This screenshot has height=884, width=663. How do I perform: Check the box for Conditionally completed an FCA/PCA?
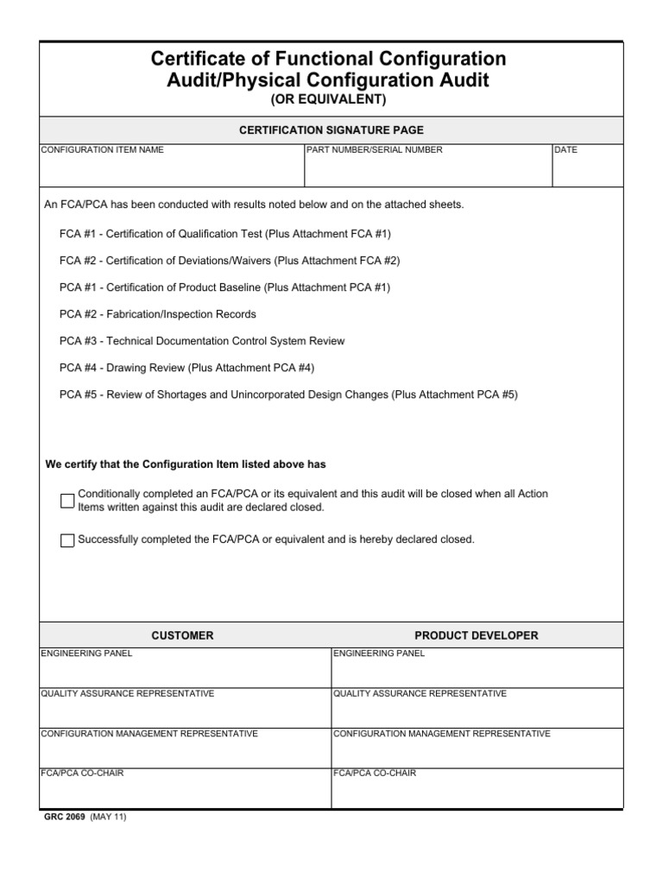pos(67,501)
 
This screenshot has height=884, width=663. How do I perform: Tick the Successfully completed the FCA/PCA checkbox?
pos(67,540)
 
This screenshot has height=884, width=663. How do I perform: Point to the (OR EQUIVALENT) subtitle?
pos(329,100)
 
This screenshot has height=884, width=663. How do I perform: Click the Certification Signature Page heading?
pos(331,130)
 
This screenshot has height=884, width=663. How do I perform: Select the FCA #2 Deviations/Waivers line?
pos(230,261)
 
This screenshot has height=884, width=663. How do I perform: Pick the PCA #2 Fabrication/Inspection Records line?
pos(158,314)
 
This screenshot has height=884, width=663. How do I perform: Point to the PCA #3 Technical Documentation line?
pos(202,341)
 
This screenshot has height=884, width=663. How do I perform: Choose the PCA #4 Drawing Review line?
pos(187,368)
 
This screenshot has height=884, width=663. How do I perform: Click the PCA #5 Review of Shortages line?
pos(288,395)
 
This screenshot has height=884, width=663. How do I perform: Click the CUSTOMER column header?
pos(182,635)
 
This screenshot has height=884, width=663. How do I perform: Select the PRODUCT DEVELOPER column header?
pos(476,635)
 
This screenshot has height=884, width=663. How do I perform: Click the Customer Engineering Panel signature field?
pos(185,672)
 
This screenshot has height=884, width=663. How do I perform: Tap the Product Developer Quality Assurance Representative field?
pos(477,711)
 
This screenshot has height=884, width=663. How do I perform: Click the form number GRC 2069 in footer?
pos(66,817)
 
